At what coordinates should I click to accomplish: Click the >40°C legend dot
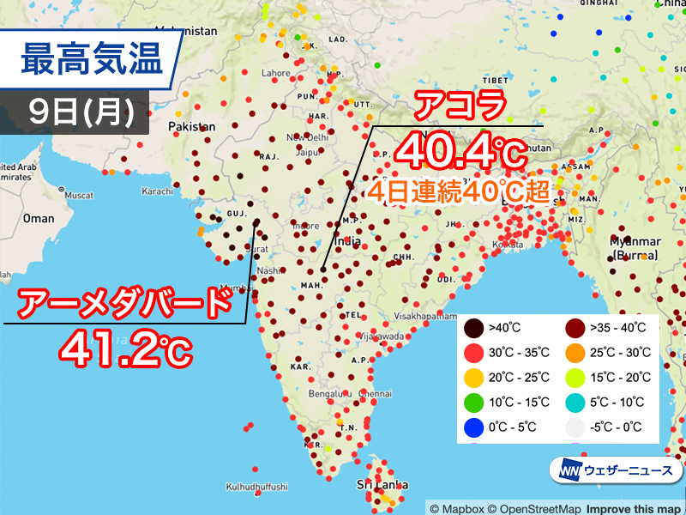(x=472, y=327)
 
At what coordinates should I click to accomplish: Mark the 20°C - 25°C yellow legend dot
(x=472, y=377)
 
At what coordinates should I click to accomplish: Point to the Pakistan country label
(x=193, y=127)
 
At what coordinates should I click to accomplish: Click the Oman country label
(x=39, y=219)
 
